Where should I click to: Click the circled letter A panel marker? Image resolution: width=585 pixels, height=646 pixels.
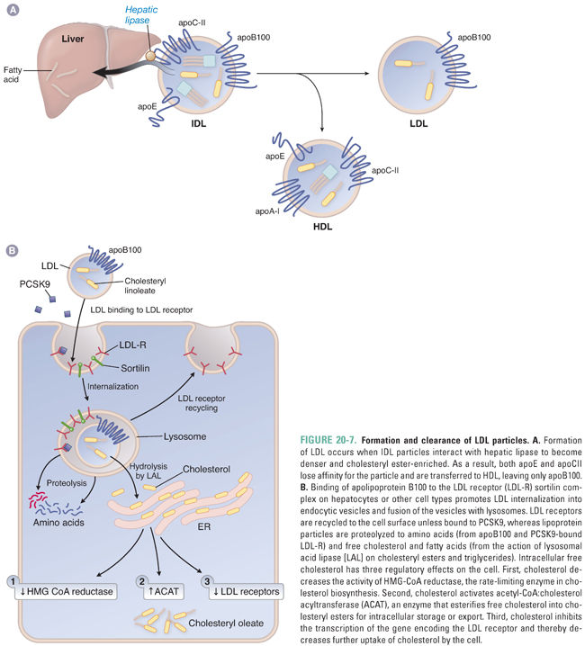coord(11,10)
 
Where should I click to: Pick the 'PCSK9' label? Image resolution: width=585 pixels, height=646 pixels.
coord(35,284)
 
